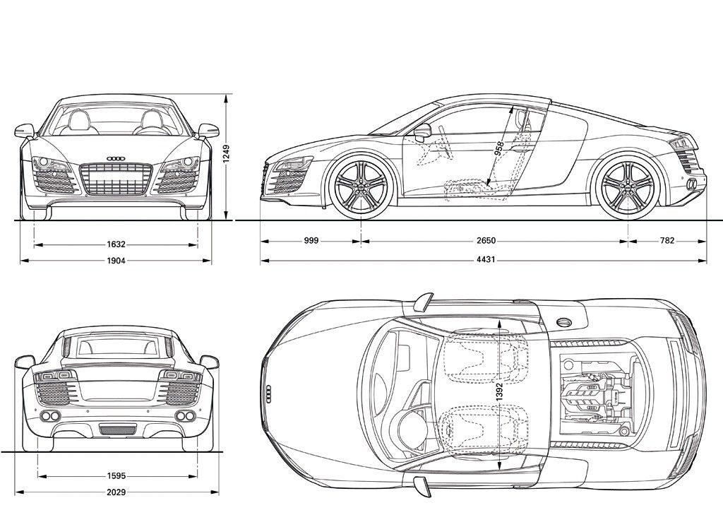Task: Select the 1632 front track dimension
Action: [116, 244]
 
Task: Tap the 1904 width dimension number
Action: [116, 261]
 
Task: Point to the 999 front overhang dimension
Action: [311, 241]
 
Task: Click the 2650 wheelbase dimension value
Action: [486, 241]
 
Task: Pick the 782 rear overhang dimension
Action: [667, 241]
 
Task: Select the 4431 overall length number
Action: [484, 260]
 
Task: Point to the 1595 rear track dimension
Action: [116, 475]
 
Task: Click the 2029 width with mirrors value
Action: [116, 492]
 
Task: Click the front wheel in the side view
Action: [361, 184]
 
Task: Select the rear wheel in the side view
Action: [627, 184]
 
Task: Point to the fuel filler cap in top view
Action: [564, 321]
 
